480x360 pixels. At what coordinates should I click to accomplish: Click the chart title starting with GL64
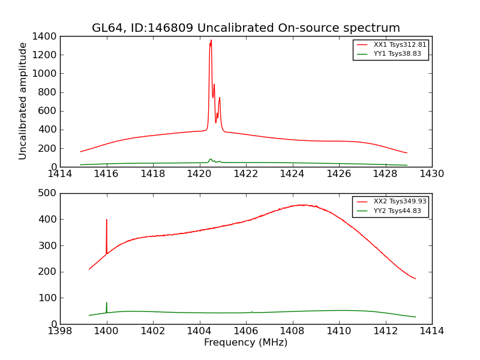(246, 28)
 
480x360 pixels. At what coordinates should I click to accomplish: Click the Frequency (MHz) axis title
(246, 343)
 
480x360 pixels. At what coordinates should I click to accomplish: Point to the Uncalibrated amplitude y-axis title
(23, 101)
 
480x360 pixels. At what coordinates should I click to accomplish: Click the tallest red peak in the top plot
(211, 41)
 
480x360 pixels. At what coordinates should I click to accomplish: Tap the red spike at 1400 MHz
(107, 220)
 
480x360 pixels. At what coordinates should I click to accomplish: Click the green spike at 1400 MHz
(107, 304)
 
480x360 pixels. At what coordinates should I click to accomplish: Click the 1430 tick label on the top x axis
(432, 174)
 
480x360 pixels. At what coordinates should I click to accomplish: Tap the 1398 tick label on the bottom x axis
(60, 331)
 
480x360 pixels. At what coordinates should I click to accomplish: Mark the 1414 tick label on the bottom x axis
(432, 331)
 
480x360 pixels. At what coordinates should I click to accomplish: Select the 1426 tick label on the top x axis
(339, 174)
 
